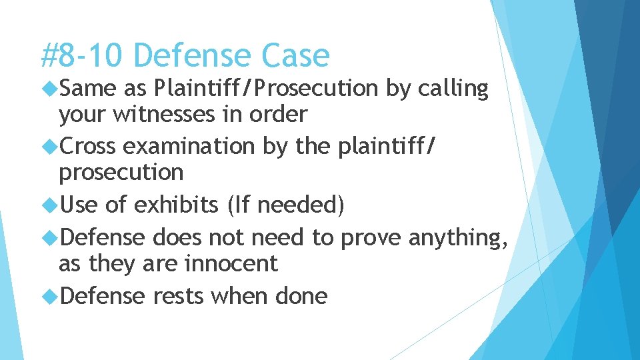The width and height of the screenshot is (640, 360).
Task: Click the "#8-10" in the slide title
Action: point(81,55)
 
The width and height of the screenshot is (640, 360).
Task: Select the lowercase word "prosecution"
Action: point(121,173)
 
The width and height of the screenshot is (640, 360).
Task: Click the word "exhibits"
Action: point(176,205)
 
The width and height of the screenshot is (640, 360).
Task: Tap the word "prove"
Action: point(376,237)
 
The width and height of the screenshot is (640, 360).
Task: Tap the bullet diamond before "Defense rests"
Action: point(50,296)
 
